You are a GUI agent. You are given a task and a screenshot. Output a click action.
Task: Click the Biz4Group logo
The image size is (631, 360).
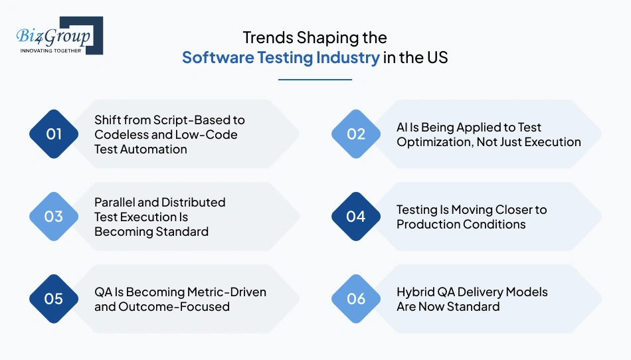[56, 35]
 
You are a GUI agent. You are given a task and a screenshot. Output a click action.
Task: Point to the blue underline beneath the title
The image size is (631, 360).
[315, 80]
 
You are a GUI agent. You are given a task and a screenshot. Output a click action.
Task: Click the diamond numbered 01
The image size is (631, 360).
[54, 134]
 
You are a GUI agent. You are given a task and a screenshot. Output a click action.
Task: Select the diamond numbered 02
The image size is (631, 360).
[356, 134]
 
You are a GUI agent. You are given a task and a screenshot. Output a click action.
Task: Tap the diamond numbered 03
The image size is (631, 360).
[54, 217]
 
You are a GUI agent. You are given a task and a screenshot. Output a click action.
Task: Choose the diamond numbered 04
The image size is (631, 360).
[356, 217]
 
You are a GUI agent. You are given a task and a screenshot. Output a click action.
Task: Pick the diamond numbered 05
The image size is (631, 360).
[54, 299]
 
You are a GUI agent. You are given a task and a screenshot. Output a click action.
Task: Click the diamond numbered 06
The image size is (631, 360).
[356, 299]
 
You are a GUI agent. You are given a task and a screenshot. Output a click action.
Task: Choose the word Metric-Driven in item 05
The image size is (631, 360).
[228, 292]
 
